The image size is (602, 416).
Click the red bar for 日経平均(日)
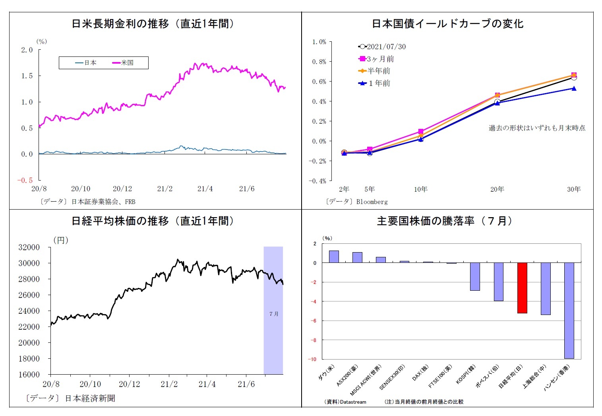point(522,288)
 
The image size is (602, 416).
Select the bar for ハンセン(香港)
point(569,310)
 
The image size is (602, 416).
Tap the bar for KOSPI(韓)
point(475,276)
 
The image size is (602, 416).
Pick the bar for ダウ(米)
point(334,257)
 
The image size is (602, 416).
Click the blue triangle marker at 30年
point(574,88)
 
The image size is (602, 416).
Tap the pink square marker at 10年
point(421,131)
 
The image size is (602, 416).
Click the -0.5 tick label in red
point(25,180)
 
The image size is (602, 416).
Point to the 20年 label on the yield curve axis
point(497,189)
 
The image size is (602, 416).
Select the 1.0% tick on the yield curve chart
point(319,42)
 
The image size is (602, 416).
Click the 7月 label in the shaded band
point(274,314)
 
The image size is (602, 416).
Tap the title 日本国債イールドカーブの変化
point(447,24)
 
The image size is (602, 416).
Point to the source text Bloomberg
point(372,202)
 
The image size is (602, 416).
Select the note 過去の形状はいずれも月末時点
point(537,128)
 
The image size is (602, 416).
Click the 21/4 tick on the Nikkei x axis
point(207,384)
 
